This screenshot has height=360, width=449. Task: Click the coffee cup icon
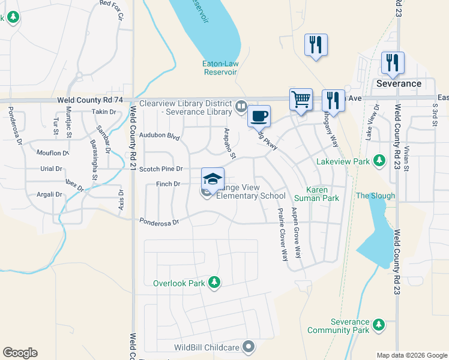point(259,116)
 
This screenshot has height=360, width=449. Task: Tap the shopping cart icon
point(301,99)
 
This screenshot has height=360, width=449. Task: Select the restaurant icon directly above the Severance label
point(393,62)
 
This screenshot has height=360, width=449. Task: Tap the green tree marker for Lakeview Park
point(379,161)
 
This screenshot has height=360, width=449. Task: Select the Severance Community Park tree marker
point(378,325)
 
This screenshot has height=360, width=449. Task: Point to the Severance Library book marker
point(241,106)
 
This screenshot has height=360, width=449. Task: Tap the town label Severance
point(399,83)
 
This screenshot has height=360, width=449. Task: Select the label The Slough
point(375,196)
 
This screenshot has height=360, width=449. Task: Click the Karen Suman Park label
point(317,193)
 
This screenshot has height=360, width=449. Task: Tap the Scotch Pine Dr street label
point(160,170)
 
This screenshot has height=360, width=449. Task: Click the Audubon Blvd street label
point(159,136)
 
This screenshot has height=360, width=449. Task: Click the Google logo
point(20,353)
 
